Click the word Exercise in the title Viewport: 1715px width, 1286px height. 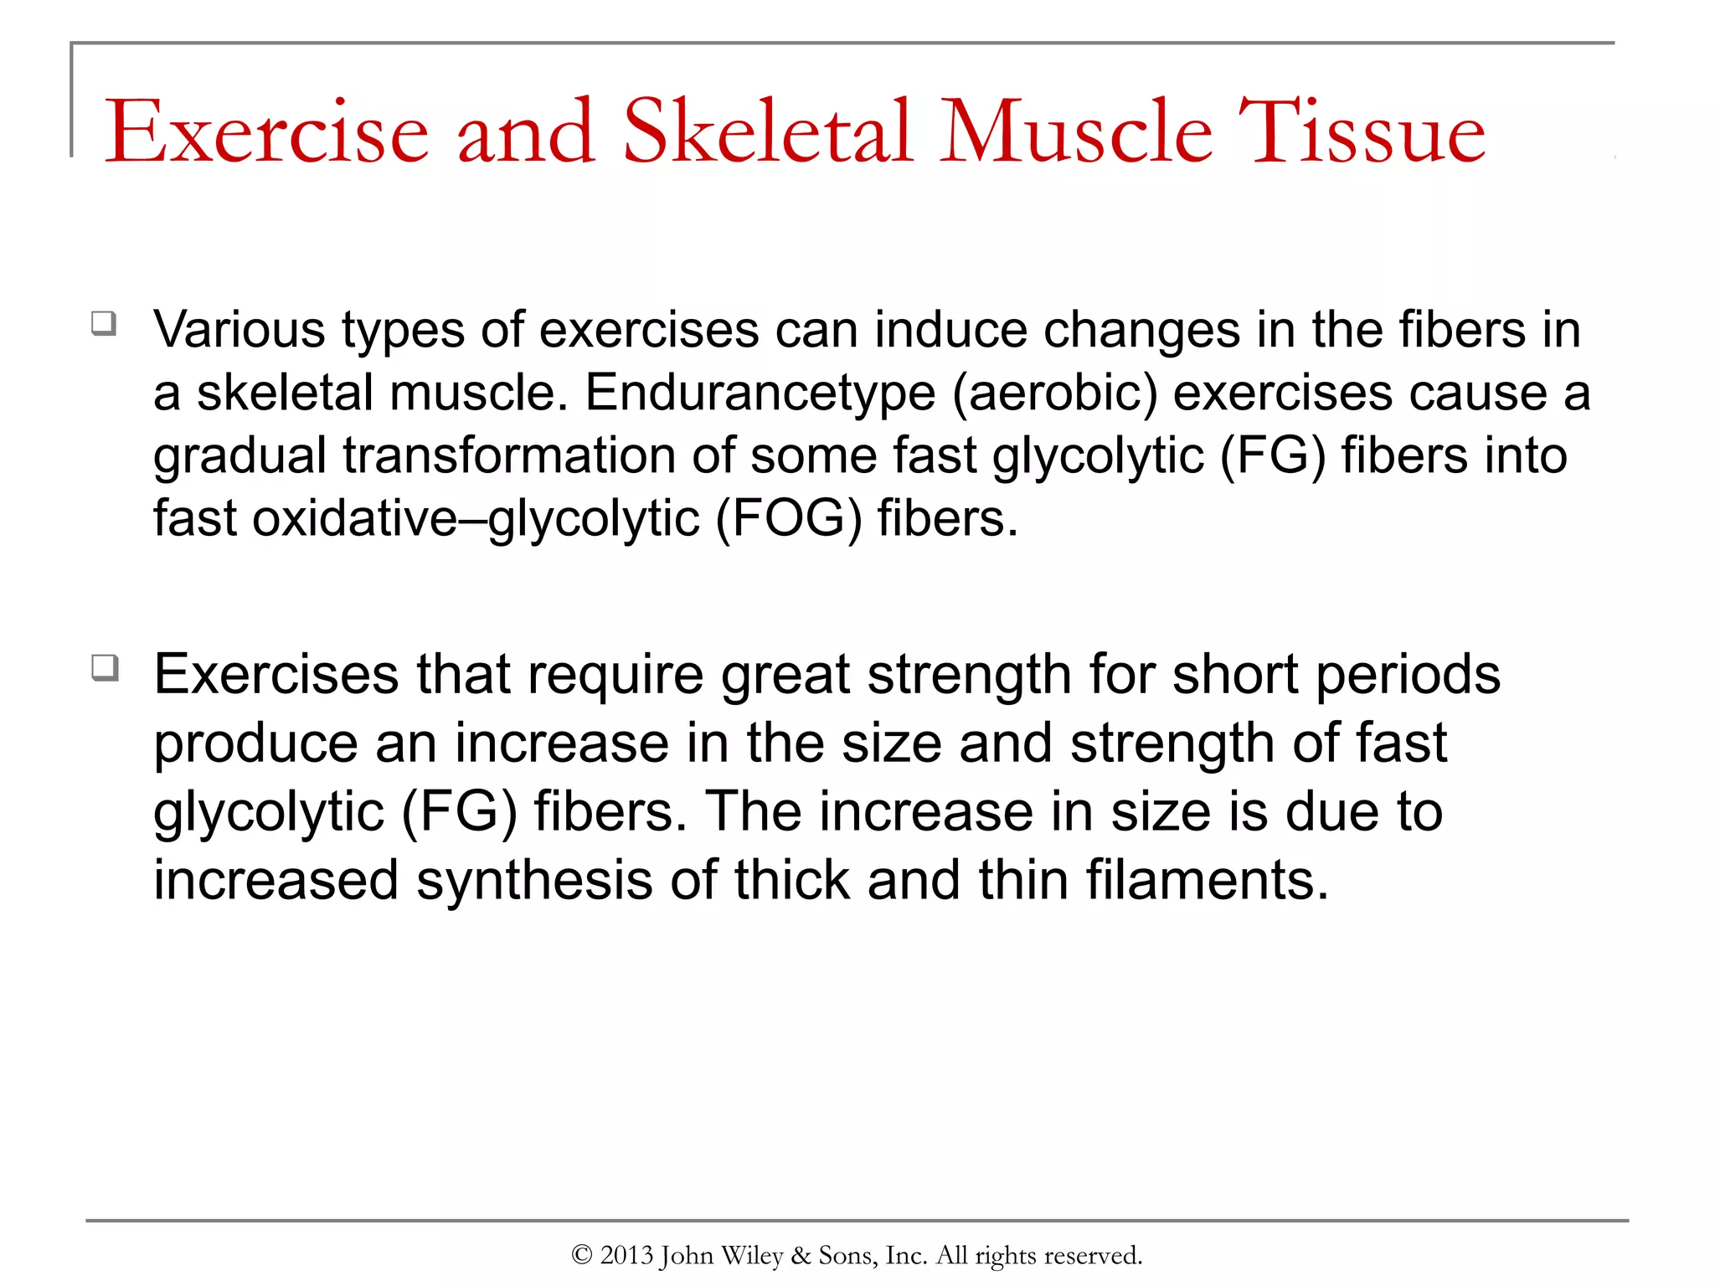click(266, 132)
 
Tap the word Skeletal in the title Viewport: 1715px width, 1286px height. click(766, 132)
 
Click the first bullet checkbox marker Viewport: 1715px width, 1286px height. click(104, 323)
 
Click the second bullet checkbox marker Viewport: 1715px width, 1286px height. click(105, 668)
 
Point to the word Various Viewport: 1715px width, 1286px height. click(239, 330)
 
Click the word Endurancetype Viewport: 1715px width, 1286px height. click(760, 394)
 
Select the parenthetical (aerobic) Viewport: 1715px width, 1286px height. click(1055, 394)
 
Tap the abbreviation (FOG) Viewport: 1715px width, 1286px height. click(788, 519)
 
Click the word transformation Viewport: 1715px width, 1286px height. click(509, 456)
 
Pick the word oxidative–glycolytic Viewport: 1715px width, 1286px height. click(476, 519)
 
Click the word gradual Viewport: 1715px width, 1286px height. click(239, 456)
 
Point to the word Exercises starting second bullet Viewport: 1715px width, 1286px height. click(276, 675)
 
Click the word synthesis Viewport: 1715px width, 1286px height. click(534, 881)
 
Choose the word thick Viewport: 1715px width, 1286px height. click(791, 881)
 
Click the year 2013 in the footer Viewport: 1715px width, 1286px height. click(626, 1255)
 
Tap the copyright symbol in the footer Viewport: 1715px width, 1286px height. click(582, 1255)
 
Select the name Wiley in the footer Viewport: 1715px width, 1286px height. click(752, 1255)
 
